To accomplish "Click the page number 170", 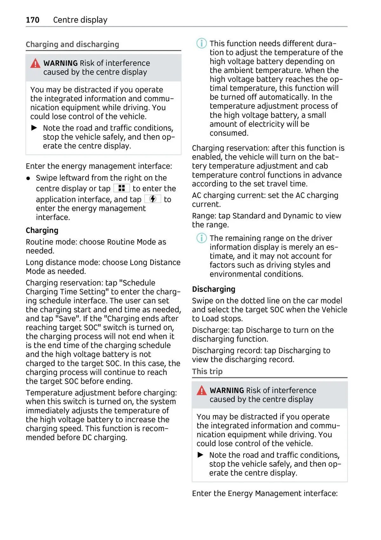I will [32, 20].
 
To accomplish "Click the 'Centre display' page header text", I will [80, 20].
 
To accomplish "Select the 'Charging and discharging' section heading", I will [72, 44].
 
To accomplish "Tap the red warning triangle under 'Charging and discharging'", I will [35, 64].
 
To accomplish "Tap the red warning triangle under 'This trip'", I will [201, 391].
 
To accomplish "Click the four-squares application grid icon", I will [121, 188].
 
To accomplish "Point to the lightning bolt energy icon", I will [153, 199].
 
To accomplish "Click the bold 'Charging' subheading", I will [42, 231].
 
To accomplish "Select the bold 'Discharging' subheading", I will [213, 289].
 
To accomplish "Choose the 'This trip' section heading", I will [207, 371].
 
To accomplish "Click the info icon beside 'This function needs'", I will [201, 43].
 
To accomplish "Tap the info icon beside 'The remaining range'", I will [201, 238].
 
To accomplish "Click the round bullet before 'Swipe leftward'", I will [29, 179].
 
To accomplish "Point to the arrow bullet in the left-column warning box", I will [34, 128].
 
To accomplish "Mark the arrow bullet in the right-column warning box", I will [200, 455].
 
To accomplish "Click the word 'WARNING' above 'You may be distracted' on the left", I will [60, 63].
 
